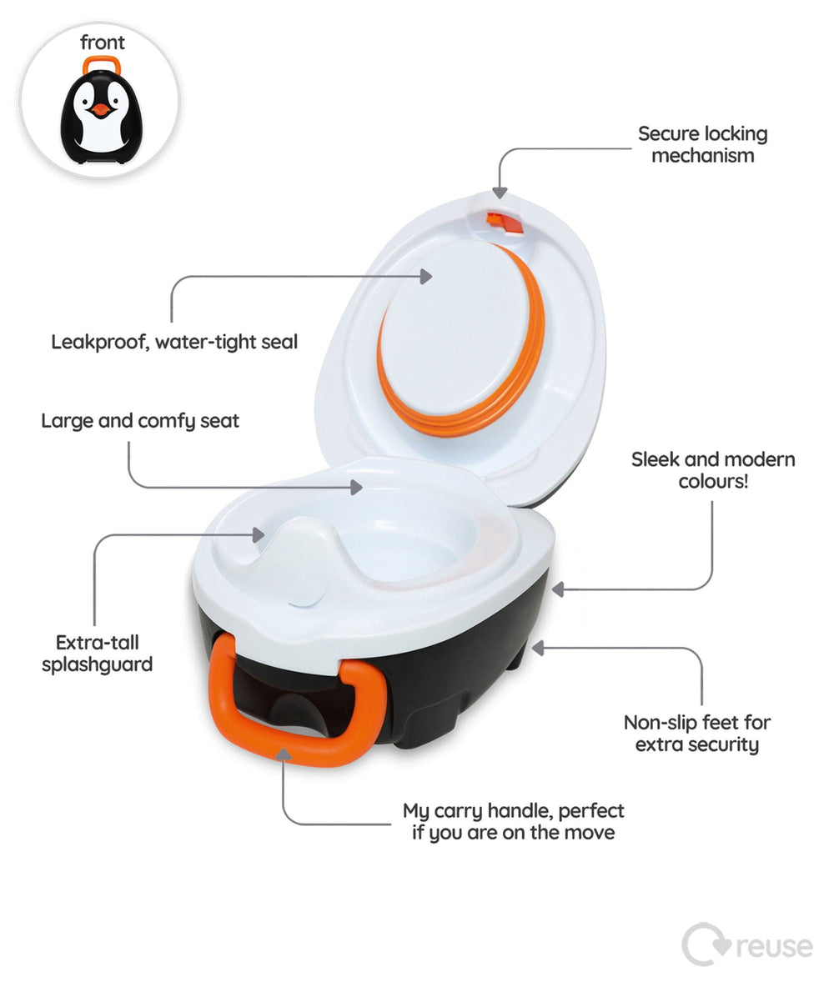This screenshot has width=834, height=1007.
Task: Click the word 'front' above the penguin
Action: (103, 43)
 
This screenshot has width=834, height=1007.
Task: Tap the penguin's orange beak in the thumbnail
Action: (100, 109)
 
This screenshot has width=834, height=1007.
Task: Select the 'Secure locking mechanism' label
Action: (702, 145)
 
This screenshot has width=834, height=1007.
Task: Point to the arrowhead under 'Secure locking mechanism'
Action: (500, 192)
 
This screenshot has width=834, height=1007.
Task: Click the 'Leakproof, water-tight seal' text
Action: (174, 342)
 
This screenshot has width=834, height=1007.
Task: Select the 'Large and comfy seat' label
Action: (140, 421)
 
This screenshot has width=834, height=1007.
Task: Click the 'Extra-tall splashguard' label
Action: (98, 654)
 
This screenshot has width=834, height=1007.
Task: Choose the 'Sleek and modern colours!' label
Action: (713, 470)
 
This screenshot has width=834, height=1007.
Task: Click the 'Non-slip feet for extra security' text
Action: (697, 734)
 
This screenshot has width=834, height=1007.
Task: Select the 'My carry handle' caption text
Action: (513, 822)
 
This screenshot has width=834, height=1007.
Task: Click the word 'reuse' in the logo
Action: (774, 946)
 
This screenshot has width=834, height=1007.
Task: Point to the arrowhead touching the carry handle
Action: (284, 755)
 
